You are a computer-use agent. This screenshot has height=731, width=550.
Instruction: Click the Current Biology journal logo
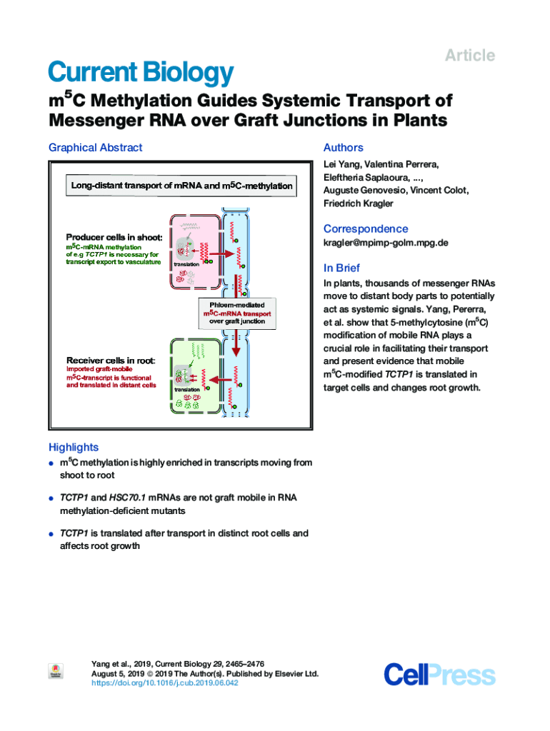[141, 73]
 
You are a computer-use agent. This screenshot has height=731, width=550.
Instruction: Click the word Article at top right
[470, 56]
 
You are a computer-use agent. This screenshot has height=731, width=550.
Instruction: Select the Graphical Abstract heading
[95, 148]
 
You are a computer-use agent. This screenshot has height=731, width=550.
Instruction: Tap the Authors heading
[343, 148]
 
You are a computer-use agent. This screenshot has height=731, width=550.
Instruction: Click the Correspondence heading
[366, 229]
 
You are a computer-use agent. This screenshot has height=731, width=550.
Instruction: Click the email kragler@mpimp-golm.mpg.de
[386, 243]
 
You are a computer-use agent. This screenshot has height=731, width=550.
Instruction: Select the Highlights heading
[73, 448]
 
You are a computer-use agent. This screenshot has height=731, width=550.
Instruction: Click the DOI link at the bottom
[165, 683]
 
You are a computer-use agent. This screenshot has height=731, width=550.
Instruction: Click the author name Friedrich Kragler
[358, 203]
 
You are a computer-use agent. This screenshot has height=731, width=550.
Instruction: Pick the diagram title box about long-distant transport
[181, 186]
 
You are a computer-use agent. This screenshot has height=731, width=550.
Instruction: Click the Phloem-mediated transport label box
[236, 313]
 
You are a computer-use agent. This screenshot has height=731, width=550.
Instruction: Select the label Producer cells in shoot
[114, 237]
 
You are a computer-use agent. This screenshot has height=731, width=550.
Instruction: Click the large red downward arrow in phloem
[236, 348]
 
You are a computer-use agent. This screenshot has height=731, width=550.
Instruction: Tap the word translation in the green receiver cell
[187, 389]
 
